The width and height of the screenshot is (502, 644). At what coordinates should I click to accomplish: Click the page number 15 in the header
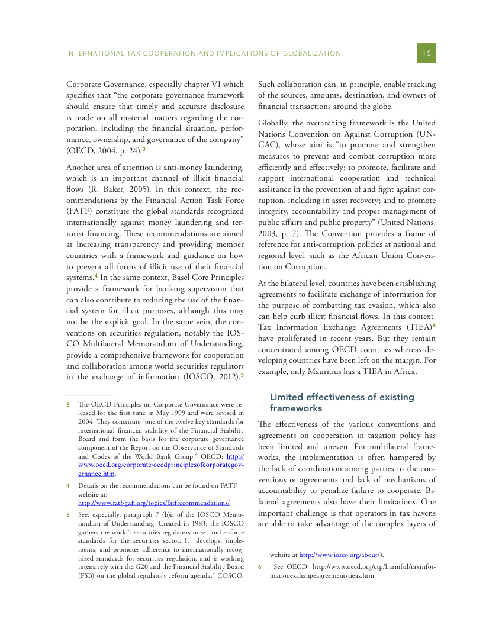click(x=427, y=53)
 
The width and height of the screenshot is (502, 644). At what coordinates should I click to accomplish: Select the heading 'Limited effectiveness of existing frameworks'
click(x=342, y=402)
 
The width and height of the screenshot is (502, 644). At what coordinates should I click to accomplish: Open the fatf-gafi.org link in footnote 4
click(x=153, y=503)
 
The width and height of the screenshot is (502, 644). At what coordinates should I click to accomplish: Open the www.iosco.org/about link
click(x=339, y=555)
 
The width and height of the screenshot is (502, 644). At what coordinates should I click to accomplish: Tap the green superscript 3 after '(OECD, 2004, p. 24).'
click(x=144, y=150)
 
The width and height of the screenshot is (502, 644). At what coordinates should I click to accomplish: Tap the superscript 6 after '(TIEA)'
click(x=434, y=326)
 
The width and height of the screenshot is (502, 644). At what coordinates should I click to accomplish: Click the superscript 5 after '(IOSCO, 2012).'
click(x=242, y=374)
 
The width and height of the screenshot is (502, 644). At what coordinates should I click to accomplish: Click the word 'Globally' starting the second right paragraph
click(x=273, y=123)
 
